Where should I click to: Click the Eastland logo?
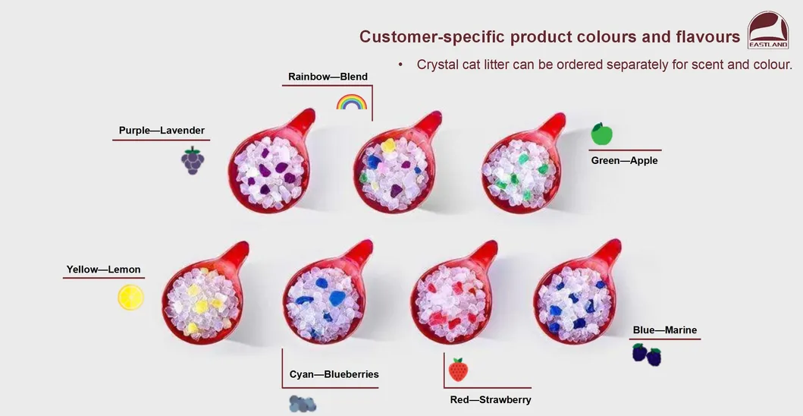[767, 30]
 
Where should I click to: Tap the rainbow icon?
[351, 102]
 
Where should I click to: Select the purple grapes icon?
[193, 160]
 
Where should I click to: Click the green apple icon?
[601, 134]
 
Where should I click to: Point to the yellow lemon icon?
[130, 297]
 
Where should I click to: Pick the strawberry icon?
[457, 370]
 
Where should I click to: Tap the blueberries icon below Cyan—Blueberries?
[303, 404]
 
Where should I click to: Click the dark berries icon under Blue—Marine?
[647, 354]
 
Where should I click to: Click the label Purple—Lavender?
[162, 131]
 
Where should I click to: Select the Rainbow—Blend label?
[328, 77]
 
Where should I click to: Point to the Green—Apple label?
[624, 160]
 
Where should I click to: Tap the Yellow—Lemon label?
[103, 269]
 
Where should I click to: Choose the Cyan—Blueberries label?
[334, 374]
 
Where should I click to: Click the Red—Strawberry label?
[490, 399]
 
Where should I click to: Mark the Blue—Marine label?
[664, 330]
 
